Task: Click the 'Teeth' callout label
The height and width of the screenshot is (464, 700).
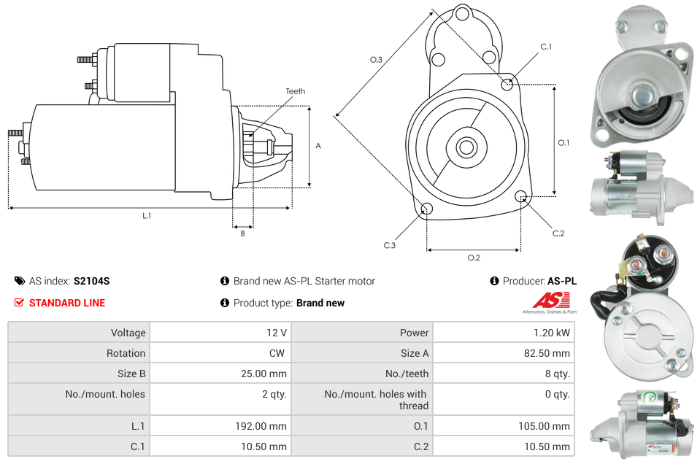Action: click(x=295, y=91)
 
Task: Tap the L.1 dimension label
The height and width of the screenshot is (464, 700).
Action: click(x=147, y=215)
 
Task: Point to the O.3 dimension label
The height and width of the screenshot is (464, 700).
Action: click(x=376, y=60)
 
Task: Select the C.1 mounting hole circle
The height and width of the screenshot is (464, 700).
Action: click(x=507, y=84)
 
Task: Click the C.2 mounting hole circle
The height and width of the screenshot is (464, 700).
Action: click(x=521, y=196)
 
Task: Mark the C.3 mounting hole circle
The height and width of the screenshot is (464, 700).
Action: click(x=427, y=210)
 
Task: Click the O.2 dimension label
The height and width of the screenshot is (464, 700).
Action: click(x=474, y=258)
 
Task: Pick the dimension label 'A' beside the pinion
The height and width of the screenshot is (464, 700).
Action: click(x=318, y=146)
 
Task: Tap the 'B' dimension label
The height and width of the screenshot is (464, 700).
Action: click(x=242, y=233)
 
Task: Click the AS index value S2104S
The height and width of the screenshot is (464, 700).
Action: click(x=91, y=281)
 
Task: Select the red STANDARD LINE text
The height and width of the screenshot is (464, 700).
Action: click(x=67, y=303)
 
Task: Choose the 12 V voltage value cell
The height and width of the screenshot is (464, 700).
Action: click(x=276, y=333)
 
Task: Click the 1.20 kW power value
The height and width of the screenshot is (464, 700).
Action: click(x=551, y=333)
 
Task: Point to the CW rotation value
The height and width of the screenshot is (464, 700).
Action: click(x=279, y=353)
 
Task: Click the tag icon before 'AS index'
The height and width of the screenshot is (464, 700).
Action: click(x=20, y=281)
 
